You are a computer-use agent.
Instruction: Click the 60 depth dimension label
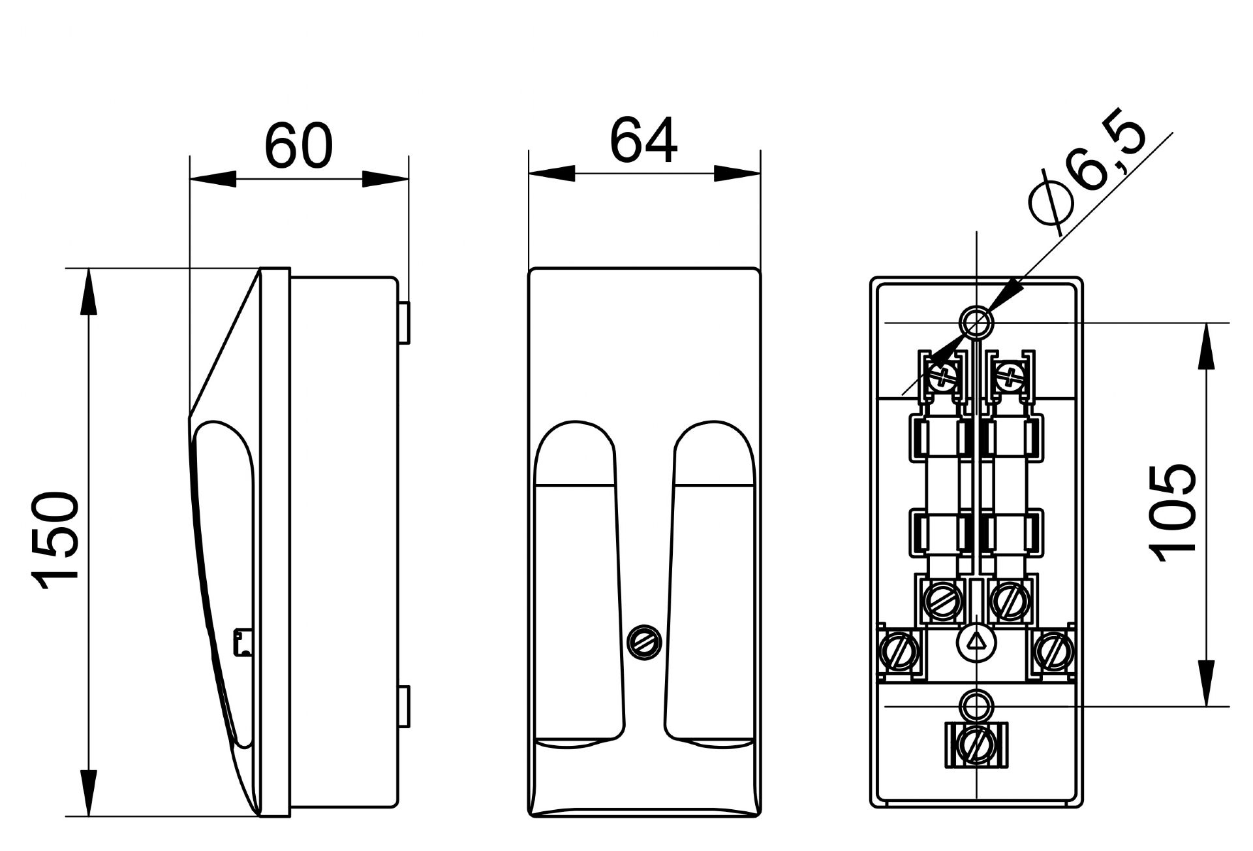[298, 144]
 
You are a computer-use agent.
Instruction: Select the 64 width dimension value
[643, 141]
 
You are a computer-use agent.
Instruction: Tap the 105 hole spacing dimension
[1173, 513]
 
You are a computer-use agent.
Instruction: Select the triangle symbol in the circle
[976, 642]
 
